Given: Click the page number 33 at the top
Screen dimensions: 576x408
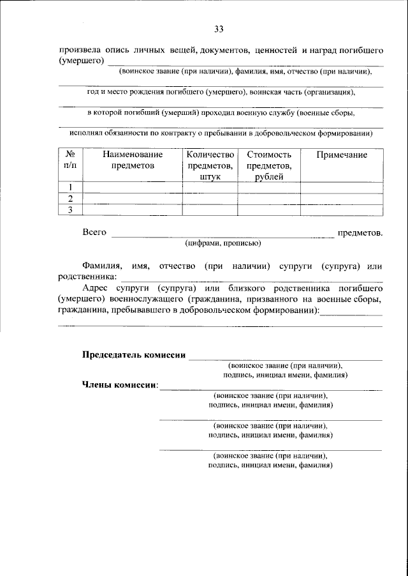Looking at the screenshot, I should pyautogui.click(x=219, y=29).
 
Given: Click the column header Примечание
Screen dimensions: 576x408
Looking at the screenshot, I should pyautogui.click(x=341, y=155).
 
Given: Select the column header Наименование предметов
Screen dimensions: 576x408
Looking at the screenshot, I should pyautogui.click(x=133, y=160).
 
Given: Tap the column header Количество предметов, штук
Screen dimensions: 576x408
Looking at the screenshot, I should pyautogui.click(x=210, y=165).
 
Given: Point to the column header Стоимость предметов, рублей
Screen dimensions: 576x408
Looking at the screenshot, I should pyautogui.click(x=268, y=165).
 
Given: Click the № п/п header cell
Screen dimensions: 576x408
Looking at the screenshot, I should pyautogui.click(x=71, y=160).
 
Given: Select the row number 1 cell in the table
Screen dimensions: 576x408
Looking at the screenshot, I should pyautogui.click(x=71, y=186).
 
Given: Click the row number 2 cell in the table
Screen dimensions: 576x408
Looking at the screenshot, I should pyautogui.click(x=71, y=198).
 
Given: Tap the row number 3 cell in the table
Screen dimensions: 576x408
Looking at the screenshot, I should pyautogui.click(x=71, y=209).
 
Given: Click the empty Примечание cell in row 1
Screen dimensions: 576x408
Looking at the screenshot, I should pyautogui.click(x=341, y=186).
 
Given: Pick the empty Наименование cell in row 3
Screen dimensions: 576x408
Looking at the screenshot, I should pyautogui.click(x=133, y=209).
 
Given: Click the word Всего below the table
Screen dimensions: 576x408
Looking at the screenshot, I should pyautogui.click(x=94, y=233).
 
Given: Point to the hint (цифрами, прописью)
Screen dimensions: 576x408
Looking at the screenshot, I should pyautogui.click(x=222, y=243).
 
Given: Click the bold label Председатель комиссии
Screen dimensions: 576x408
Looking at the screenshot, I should pyautogui.click(x=134, y=356).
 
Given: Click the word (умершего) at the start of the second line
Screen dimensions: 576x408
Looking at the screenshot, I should pyautogui.click(x=81, y=61).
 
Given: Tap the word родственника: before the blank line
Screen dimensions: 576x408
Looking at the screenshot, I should pyautogui.click(x=88, y=277).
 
